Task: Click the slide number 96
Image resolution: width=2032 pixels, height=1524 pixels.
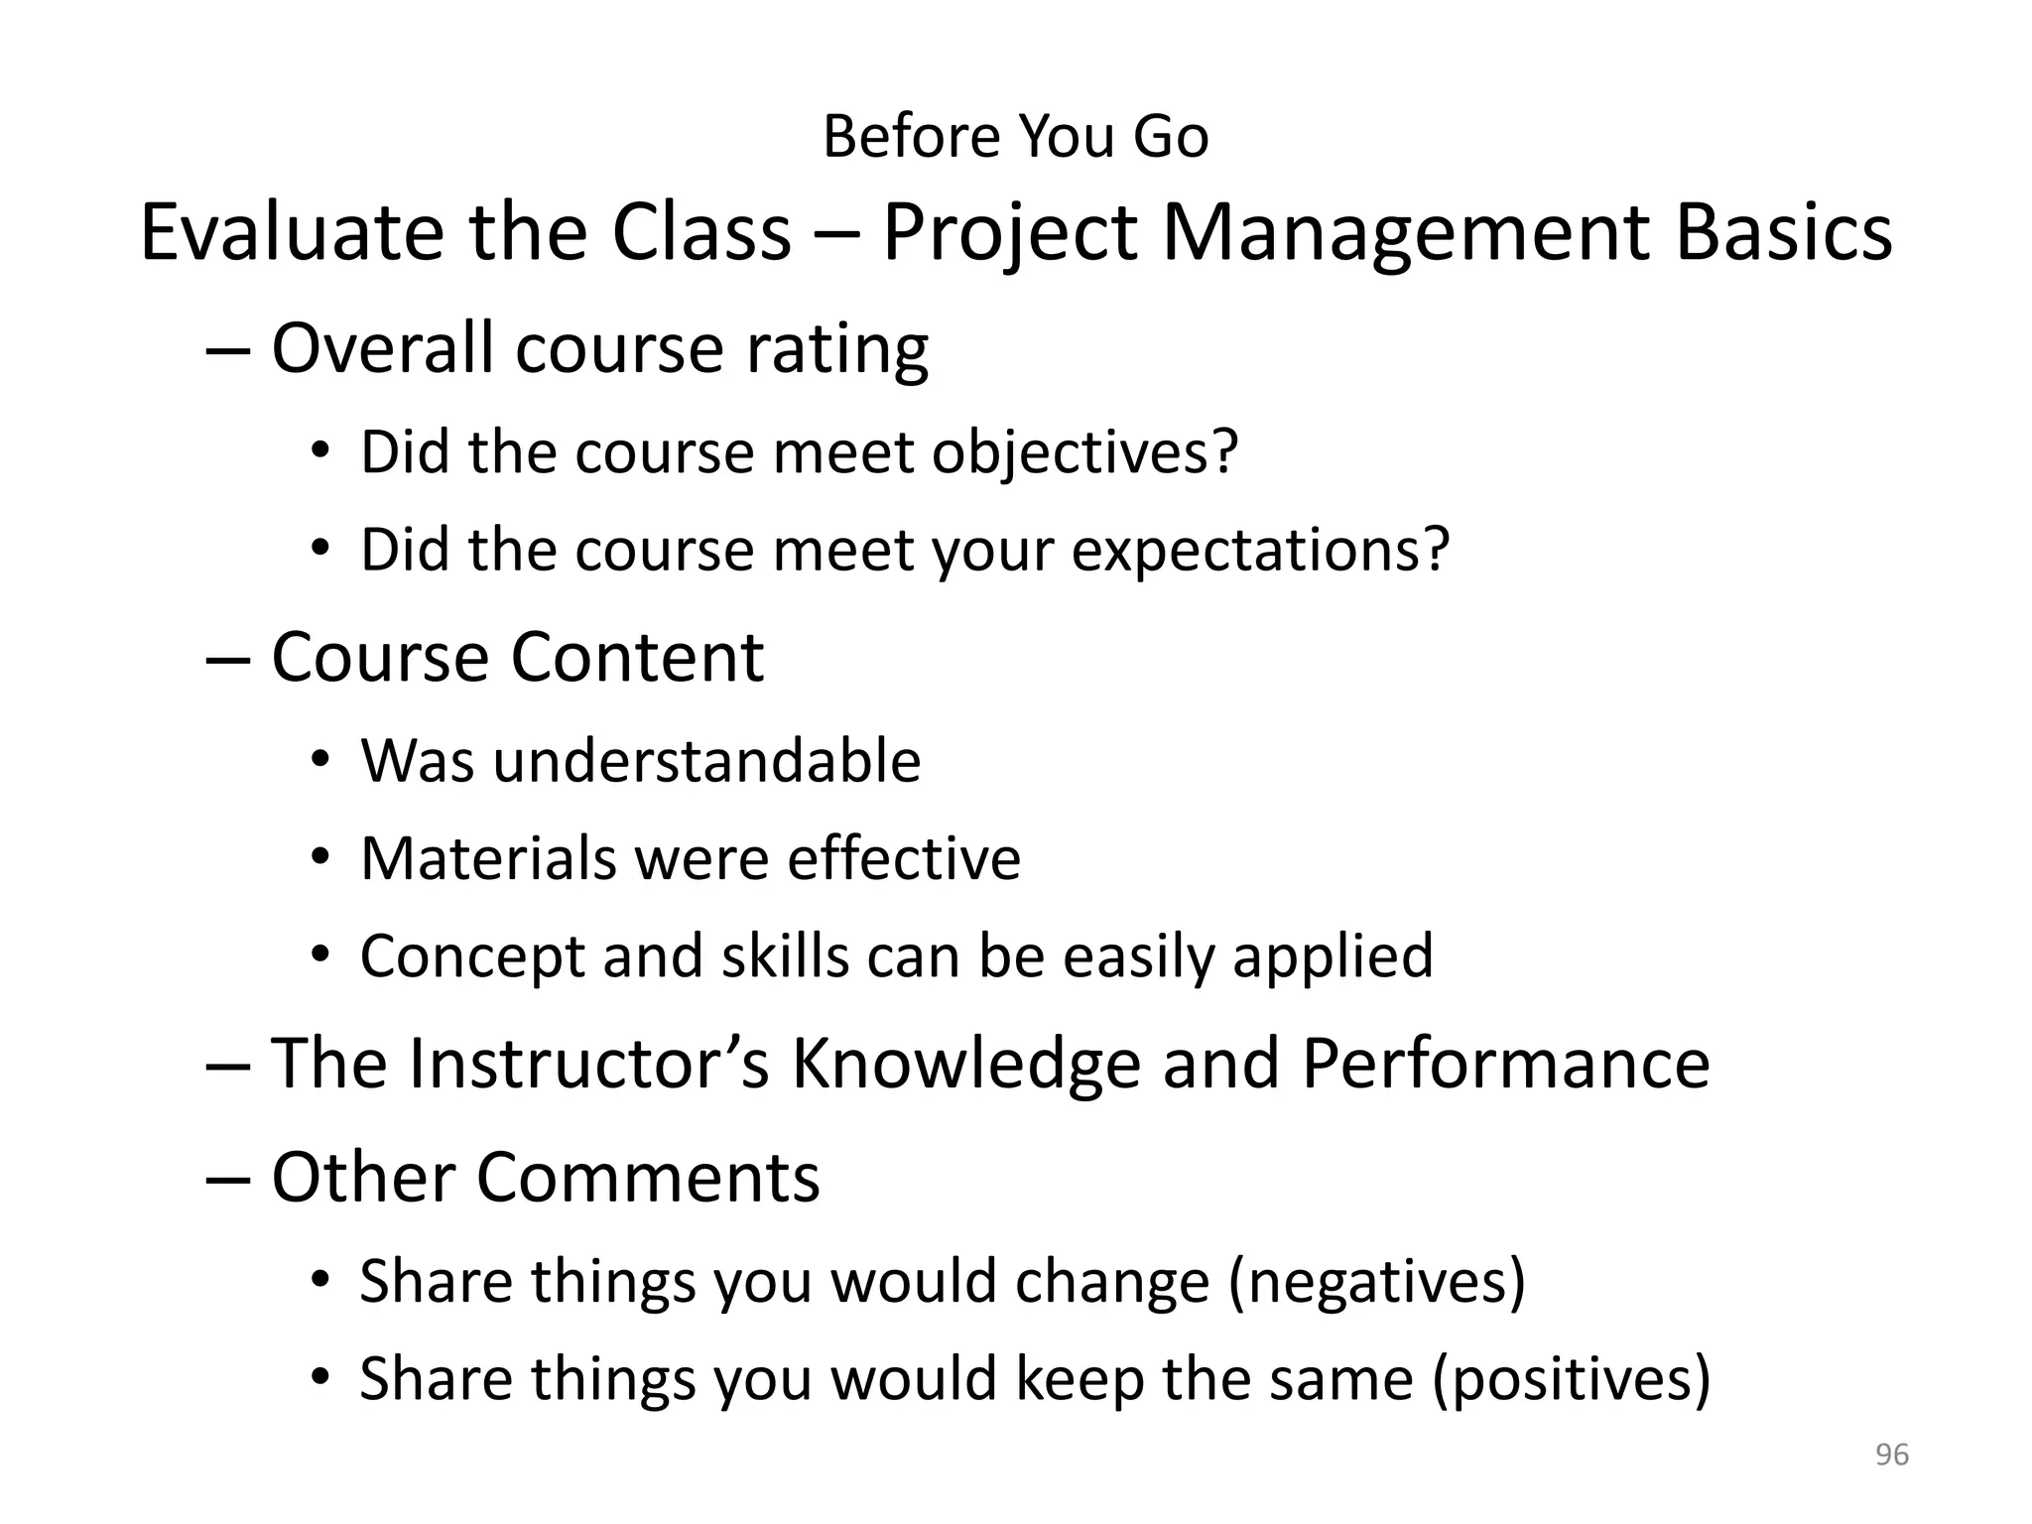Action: coord(1891,1455)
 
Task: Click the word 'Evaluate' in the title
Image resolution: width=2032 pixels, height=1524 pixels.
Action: coord(292,232)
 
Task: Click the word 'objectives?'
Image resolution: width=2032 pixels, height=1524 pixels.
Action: coord(1085,452)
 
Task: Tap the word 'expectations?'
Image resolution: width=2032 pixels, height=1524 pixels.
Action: coord(1260,550)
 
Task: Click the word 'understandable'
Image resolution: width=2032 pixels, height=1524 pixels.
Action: coord(706,761)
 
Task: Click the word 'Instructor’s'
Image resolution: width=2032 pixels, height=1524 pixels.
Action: coord(589,1064)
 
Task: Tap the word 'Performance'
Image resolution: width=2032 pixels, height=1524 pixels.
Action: coord(1505,1064)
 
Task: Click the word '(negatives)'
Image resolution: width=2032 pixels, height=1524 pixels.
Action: coord(1376,1281)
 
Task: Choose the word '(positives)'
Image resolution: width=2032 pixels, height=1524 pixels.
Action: coord(1572,1379)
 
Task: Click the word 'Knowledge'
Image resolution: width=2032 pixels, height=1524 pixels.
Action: coord(965,1064)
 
